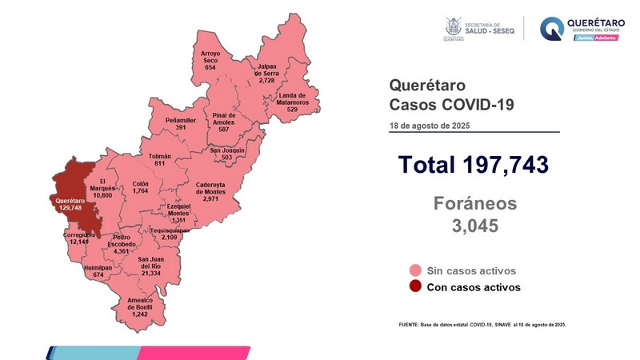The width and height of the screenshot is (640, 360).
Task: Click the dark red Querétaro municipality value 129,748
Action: pyautogui.click(x=70, y=207)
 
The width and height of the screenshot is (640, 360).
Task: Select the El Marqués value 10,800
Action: pyautogui.click(x=102, y=194)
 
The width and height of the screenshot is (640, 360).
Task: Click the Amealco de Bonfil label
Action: pyautogui.click(x=145, y=302)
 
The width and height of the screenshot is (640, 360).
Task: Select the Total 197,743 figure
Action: pyautogui.click(x=474, y=166)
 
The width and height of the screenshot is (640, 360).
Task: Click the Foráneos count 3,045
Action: pyautogui.click(x=474, y=226)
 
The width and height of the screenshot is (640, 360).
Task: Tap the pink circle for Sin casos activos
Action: pyautogui.click(x=415, y=271)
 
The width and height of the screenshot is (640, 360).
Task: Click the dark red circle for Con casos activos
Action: pyautogui.click(x=415, y=287)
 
